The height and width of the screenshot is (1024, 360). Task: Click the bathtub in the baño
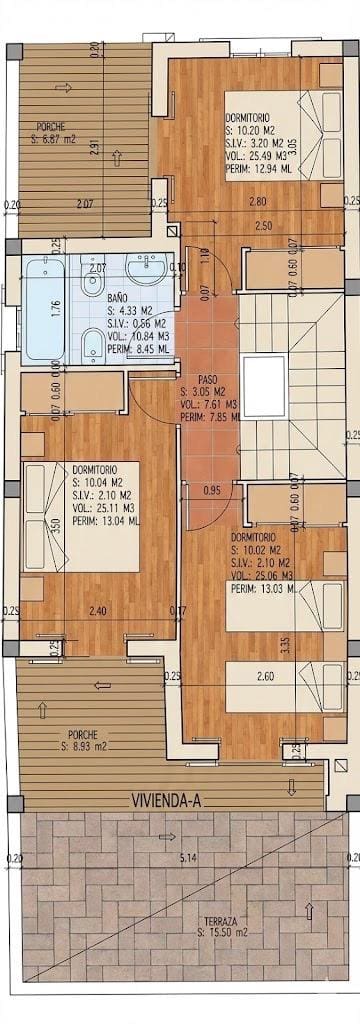tap(45, 307)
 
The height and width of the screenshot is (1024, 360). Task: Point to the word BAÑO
tap(118, 297)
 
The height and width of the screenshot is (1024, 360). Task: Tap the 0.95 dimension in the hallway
tap(211, 490)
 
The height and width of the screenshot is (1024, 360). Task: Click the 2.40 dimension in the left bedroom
tap(97, 611)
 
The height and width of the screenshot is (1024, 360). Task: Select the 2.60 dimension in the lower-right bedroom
tap(265, 676)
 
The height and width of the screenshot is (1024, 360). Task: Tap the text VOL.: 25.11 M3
tap(105, 506)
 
